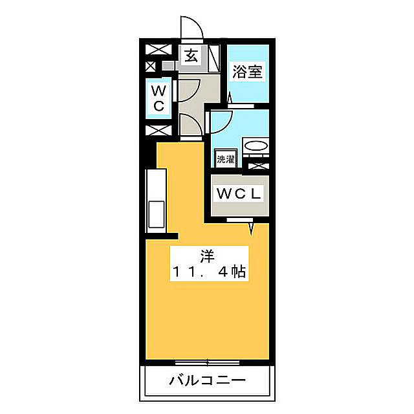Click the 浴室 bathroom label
coord(247,71)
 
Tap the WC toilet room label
coord(158,98)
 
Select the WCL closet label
coord(239,193)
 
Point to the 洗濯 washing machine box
coord(226,158)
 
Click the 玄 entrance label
coord(191,56)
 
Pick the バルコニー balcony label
coord(207,380)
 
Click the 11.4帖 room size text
coord(209,271)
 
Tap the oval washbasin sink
coord(256,146)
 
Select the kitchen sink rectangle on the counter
coord(157,214)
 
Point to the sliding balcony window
coord(207,362)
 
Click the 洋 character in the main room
coord(207,256)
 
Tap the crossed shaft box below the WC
coord(158,131)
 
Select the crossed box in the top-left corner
coord(158,49)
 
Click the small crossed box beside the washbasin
coord(258,166)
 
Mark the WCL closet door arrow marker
coord(251,228)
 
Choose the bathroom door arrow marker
coord(230,98)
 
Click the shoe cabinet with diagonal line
coord(214,58)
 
